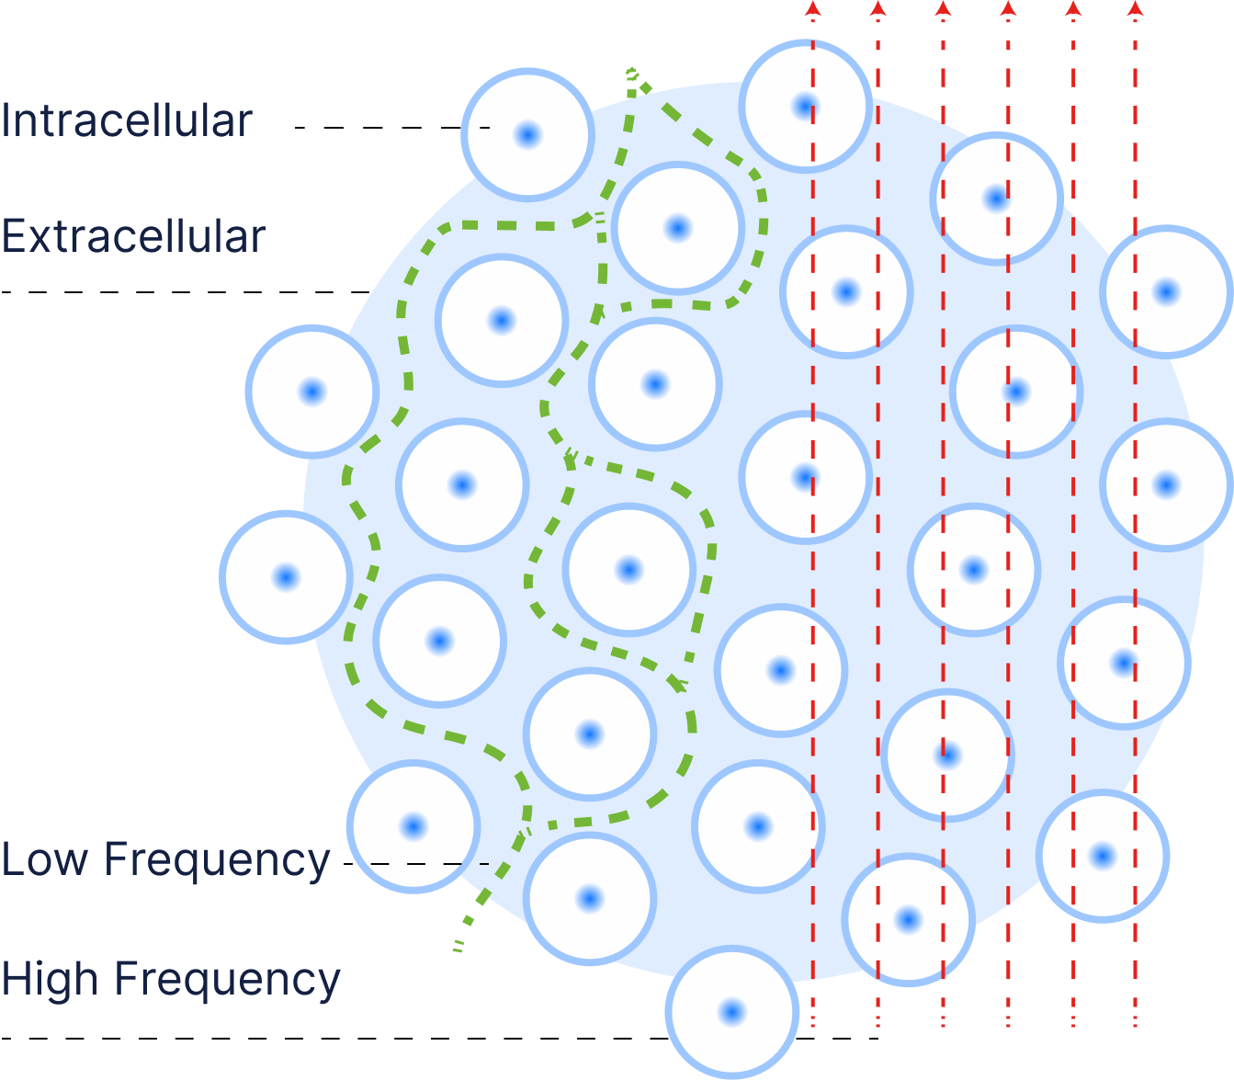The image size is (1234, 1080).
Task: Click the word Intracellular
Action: pyautogui.click(x=126, y=120)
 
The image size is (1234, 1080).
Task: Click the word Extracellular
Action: pyautogui.click(x=133, y=236)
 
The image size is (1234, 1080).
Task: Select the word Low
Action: pyautogui.click(x=45, y=859)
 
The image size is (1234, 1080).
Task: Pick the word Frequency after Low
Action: pyautogui.click(x=217, y=861)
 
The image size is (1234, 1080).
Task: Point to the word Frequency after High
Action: pyautogui.click(x=228, y=980)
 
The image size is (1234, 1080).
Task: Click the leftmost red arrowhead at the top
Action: pyautogui.click(x=812, y=9)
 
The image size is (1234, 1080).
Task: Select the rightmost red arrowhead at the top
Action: pyautogui.click(x=1136, y=9)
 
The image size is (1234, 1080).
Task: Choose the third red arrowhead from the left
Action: pyautogui.click(x=943, y=9)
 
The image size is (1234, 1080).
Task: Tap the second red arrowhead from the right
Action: pyautogui.click(x=1072, y=9)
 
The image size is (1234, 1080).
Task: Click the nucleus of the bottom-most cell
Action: pyautogui.click(x=731, y=1012)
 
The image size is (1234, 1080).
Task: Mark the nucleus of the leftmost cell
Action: pyautogui.click(x=286, y=577)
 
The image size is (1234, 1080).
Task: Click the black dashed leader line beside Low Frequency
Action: pyautogui.click(x=428, y=864)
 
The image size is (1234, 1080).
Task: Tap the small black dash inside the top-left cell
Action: pyautogui.click(x=484, y=128)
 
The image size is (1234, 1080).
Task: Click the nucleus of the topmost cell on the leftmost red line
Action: pyautogui.click(x=805, y=107)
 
